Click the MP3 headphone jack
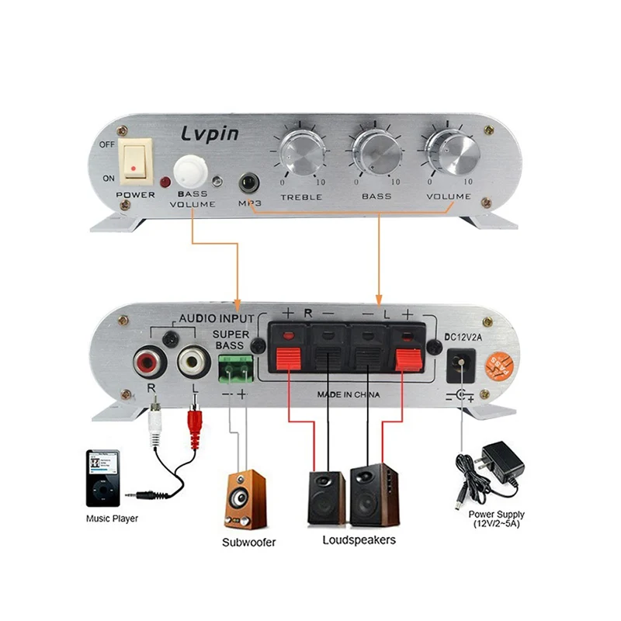[x=248, y=183]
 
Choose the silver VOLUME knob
[x=449, y=150]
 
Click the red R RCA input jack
[x=148, y=362]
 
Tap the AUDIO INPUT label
[x=217, y=318]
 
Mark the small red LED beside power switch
[x=165, y=182]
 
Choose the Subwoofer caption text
[x=248, y=542]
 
